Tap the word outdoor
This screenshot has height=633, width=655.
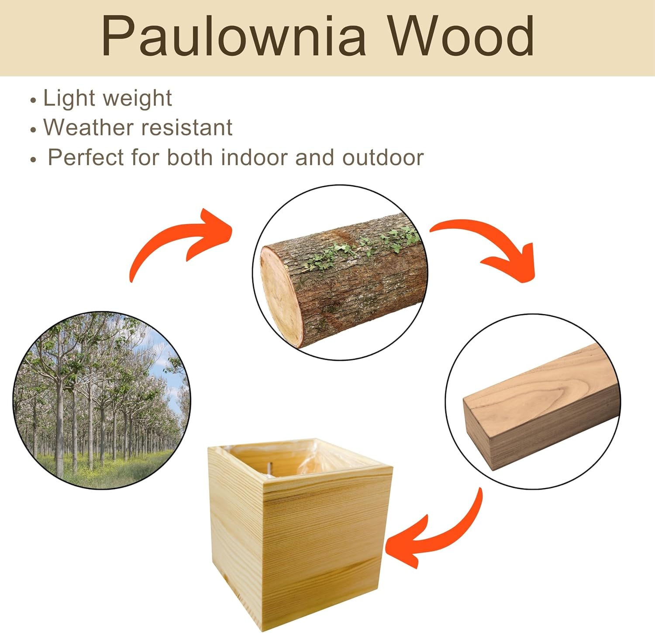click(x=383, y=157)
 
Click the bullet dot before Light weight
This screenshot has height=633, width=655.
click(x=33, y=101)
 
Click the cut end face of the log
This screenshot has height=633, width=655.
click(x=281, y=296)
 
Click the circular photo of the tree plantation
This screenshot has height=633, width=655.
click(x=101, y=400)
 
